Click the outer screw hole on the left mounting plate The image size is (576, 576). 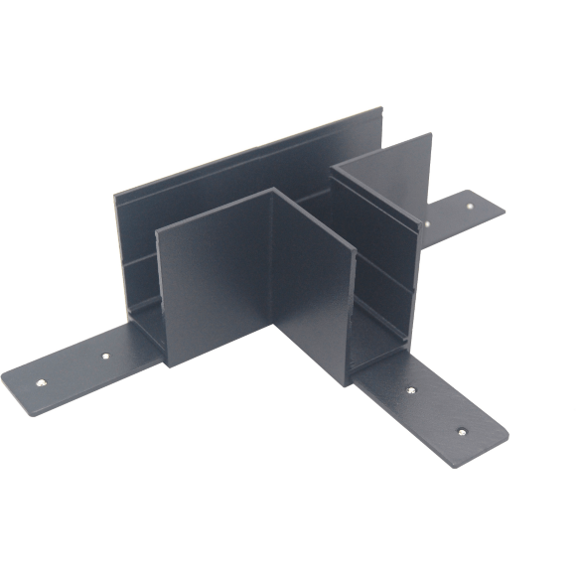tap(41, 381)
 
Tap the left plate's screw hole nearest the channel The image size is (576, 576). tap(106, 354)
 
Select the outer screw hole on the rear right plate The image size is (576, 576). tap(468, 208)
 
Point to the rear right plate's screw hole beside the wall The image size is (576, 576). tap(426, 224)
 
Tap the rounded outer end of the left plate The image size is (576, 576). tap(12, 382)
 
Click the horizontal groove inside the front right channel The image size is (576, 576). tap(382, 273)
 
